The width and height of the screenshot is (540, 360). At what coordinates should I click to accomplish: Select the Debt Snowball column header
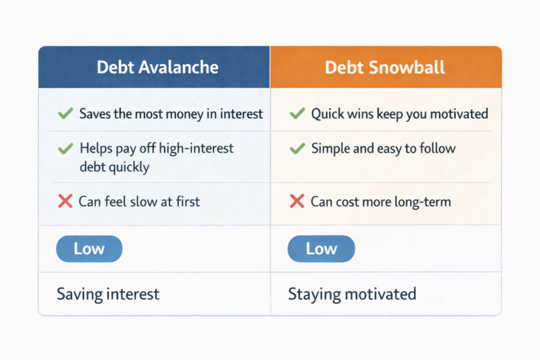[x=386, y=67]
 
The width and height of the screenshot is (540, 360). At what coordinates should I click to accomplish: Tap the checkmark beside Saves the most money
[x=65, y=114]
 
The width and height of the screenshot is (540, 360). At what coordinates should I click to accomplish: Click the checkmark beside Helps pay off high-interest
[x=65, y=149]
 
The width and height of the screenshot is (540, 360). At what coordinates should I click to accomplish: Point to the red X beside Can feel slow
[x=65, y=202]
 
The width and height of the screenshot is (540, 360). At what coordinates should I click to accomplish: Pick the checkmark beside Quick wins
[x=297, y=114]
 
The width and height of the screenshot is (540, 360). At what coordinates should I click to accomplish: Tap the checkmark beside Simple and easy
[x=297, y=149]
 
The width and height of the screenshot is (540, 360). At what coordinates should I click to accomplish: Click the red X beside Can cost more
[x=297, y=202]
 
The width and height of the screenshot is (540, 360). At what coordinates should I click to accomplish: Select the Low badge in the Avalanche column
[x=89, y=249]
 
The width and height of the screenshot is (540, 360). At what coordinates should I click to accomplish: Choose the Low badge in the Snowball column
[x=321, y=249]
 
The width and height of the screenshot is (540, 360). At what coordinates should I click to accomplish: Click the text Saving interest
[x=108, y=293]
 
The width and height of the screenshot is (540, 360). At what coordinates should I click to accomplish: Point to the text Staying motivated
[x=352, y=293]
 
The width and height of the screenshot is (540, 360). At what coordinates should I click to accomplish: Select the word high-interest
[x=195, y=149]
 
